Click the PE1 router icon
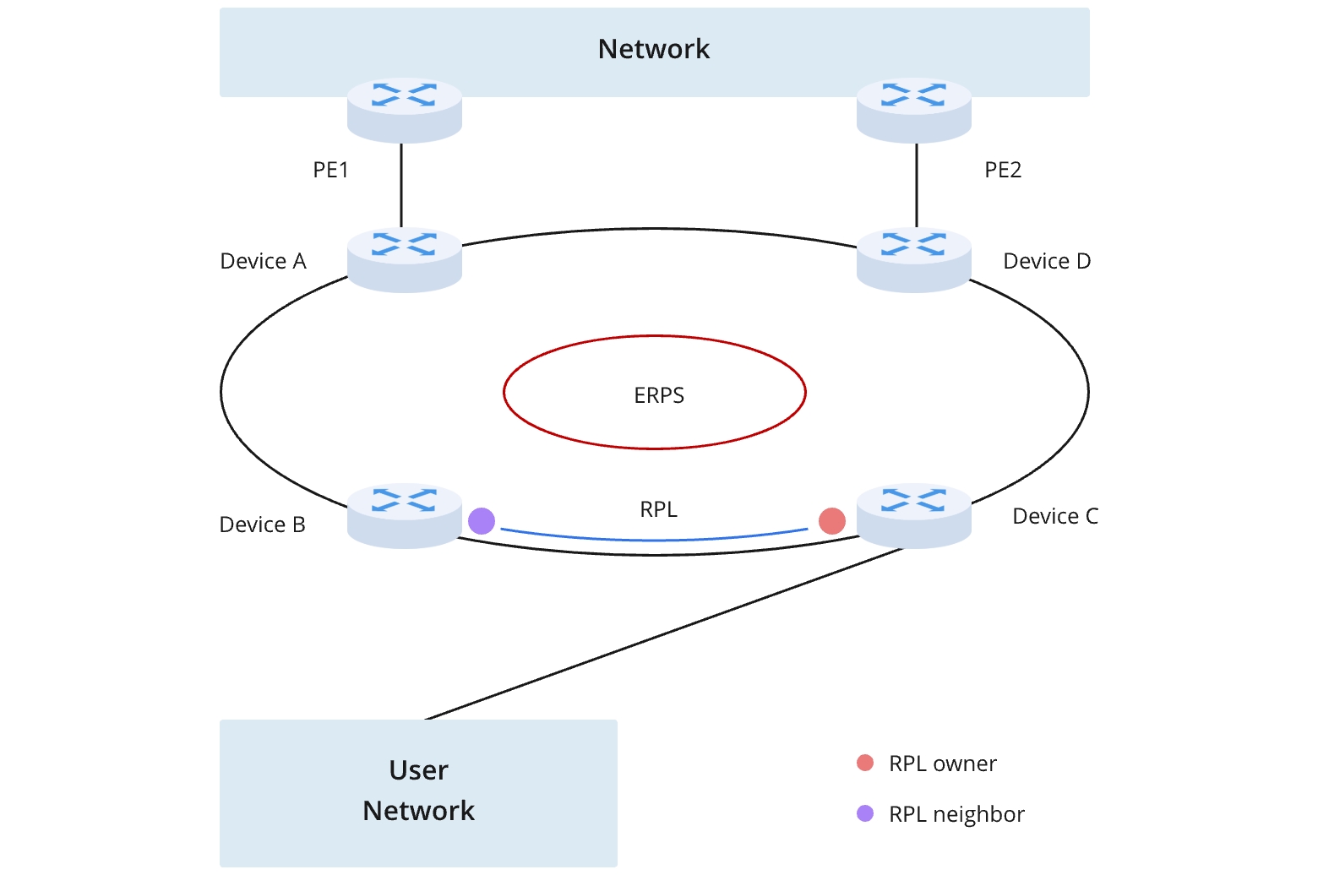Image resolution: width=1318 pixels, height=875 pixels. tap(405, 110)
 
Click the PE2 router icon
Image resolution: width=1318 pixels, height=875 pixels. tap(913, 110)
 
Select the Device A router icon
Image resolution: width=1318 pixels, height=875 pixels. tap(405, 260)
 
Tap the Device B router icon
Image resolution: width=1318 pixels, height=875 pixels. tap(405, 515)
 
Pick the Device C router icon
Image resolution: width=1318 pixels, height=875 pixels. tap(913, 515)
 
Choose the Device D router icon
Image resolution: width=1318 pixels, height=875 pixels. tap(913, 260)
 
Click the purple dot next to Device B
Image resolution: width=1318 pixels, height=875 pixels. tap(482, 521)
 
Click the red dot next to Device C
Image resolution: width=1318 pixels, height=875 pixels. tap(832, 521)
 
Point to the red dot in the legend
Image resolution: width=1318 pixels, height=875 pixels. tap(865, 764)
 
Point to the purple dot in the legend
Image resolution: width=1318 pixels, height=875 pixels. tap(865, 813)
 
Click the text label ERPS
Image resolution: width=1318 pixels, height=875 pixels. tap(659, 395)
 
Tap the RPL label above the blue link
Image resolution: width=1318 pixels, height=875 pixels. tap(659, 509)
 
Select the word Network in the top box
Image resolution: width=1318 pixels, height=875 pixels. tap(654, 49)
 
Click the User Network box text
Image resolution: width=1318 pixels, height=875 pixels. tap(419, 791)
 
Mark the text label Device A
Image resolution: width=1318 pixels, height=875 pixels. tap(263, 261)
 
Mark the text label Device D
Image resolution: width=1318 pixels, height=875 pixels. tap(1047, 261)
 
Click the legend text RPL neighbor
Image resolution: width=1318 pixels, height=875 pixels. tap(956, 814)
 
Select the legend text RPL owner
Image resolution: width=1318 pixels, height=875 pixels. tap(943, 764)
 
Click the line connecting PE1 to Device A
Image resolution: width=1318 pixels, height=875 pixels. tap(401, 186)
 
